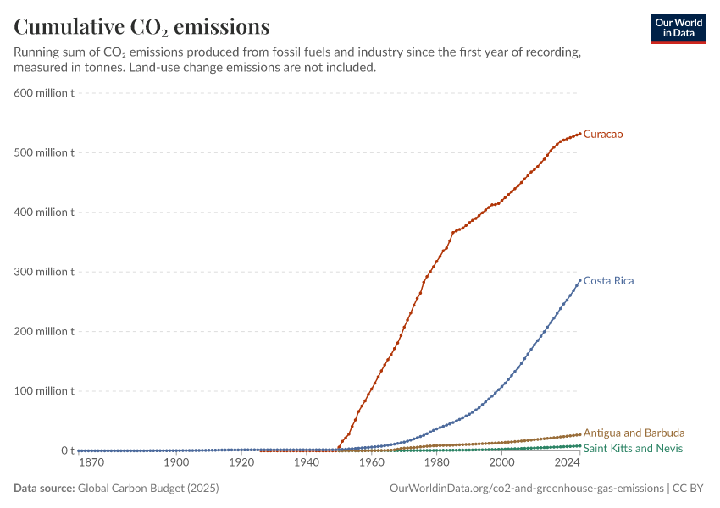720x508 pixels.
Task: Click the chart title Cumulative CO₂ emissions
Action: tap(141, 26)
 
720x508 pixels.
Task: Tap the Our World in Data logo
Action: tap(678, 29)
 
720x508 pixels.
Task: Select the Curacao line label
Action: tap(603, 134)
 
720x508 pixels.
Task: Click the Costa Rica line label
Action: tap(608, 281)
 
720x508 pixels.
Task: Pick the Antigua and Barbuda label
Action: tap(634, 433)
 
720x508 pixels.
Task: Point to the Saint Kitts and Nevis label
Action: tap(633, 449)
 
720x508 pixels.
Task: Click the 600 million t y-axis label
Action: tap(44, 92)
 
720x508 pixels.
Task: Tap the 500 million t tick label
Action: tap(44, 152)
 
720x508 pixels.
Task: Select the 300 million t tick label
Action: tap(44, 272)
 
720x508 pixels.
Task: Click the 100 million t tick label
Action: tap(44, 391)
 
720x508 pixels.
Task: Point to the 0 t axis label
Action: tap(68, 450)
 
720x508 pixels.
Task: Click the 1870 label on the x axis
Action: tap(91, 462)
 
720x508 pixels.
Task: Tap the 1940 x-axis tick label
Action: tap(307, 462)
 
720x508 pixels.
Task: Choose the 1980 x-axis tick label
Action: tap(437, 462)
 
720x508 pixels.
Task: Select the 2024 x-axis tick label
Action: tap(567, 462)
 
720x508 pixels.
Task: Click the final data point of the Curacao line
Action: tap(579, 134)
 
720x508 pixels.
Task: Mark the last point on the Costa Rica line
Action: tap(579, 280)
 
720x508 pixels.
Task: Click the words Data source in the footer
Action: tap(44, 488)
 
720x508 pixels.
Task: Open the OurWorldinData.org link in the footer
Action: tap(527, 489)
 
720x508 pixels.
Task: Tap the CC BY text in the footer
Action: tap(688, 488)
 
